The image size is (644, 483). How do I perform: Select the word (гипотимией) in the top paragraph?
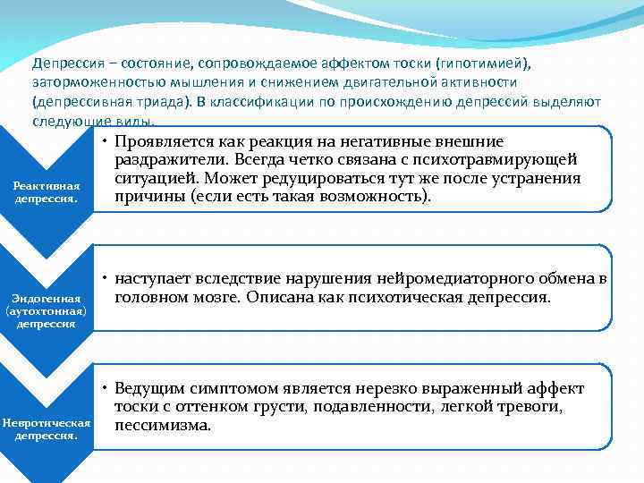(481, 64)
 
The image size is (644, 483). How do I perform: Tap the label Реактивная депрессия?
(46, 191)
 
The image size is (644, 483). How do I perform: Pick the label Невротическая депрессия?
(46, 428)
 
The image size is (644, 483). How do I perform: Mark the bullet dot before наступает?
(105, 279)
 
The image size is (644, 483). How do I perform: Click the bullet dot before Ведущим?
(105, 389)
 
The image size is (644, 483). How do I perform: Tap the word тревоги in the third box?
(532, 407)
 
